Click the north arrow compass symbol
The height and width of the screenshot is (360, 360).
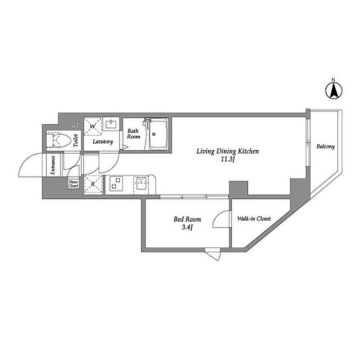(x=333, y=91)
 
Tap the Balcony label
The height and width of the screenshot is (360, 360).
(x=326, y=147)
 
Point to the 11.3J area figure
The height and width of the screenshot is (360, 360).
(x=228, y=160)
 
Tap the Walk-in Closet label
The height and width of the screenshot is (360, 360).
(x=254, y=219)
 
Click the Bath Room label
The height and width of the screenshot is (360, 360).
(x=134, y=134)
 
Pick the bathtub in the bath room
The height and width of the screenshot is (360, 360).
(x=159, y=135)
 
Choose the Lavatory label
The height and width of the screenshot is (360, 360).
(x=103, y=141)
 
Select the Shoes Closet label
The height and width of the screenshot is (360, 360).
(x=73, y=184)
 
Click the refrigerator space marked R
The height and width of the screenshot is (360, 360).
(x=93, y=184)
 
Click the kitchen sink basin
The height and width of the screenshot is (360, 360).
(x=141, y=182)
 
